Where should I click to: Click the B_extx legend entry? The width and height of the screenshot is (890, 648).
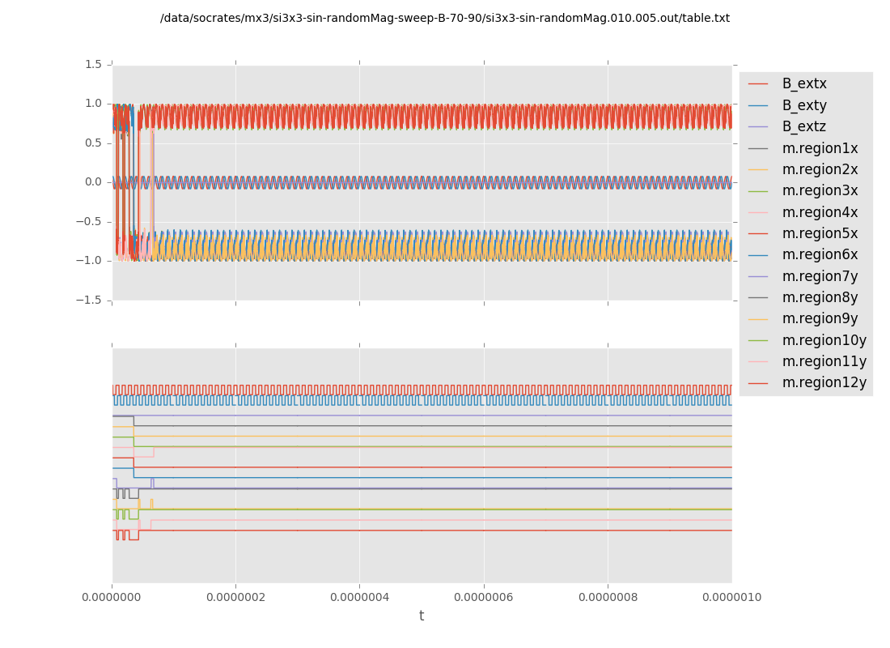(x=804, y=84)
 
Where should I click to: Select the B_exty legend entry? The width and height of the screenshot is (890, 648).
(x=804, y=105)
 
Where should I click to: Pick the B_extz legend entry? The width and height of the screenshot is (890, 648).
(x=804, y=126)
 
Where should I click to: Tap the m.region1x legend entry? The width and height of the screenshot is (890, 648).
(x=820, y=148)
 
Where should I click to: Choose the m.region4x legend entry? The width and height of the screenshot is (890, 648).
(x=820, y=212)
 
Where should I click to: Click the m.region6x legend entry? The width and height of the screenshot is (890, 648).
(x=820, y=254)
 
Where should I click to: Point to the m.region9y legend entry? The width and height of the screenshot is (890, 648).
(x=820, y=318)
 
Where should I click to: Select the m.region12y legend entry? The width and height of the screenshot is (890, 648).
(x=824, y=382)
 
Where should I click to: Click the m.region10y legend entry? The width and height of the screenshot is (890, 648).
(x=824, y=340)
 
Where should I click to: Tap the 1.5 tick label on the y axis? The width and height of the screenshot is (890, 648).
(x=94, y=65)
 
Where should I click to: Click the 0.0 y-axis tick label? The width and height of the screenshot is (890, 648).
(x=94, y=182)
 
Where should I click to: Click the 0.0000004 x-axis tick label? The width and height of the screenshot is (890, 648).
(x=360, y=598)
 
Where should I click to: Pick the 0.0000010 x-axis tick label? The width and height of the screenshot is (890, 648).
(x=731, y=598)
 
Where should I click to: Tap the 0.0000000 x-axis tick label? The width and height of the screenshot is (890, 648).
(x=112, y=598)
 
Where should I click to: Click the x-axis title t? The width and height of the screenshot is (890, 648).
(x=422, y=616)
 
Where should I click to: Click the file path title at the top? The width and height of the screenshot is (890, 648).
(x=445, y=19)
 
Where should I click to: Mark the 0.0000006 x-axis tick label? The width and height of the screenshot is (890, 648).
(x=484, y=598)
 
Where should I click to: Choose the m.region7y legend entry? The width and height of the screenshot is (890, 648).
(x=820, y=276)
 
